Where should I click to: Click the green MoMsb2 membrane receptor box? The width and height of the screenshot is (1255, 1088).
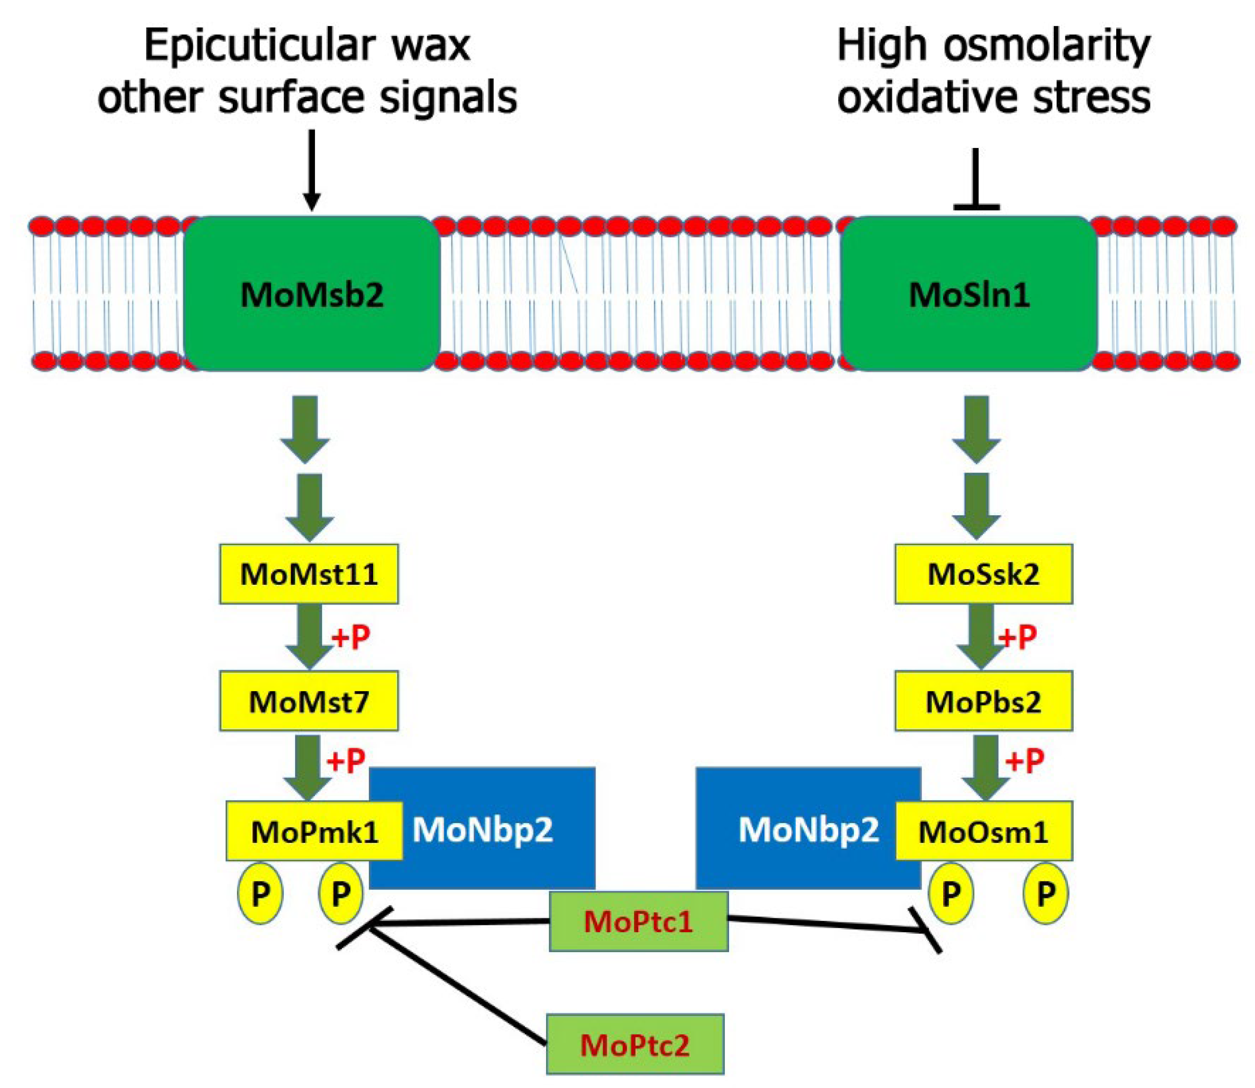click(x=312, y=294)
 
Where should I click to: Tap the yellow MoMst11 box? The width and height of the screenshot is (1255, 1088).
click(x=309, y=574)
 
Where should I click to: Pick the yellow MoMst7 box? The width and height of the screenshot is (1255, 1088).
click(x=309, y=701)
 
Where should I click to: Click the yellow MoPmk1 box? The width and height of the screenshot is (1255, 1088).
click(x=314, y=831)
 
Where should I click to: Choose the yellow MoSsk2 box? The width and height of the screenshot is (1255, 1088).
click(x=983, y=574)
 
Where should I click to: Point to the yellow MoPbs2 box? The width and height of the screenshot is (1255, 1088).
click(x=983, y=701)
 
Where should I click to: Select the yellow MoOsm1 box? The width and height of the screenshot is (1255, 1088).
click(x=983, y=831)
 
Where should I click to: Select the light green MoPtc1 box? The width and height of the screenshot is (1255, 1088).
click(x=639, y=922)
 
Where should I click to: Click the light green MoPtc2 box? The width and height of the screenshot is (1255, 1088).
click(x=635, y=1045)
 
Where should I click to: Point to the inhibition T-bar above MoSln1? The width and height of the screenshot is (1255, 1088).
click(x=976, y=182)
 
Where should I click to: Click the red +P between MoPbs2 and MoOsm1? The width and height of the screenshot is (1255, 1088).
click(x=1025, y=760)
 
